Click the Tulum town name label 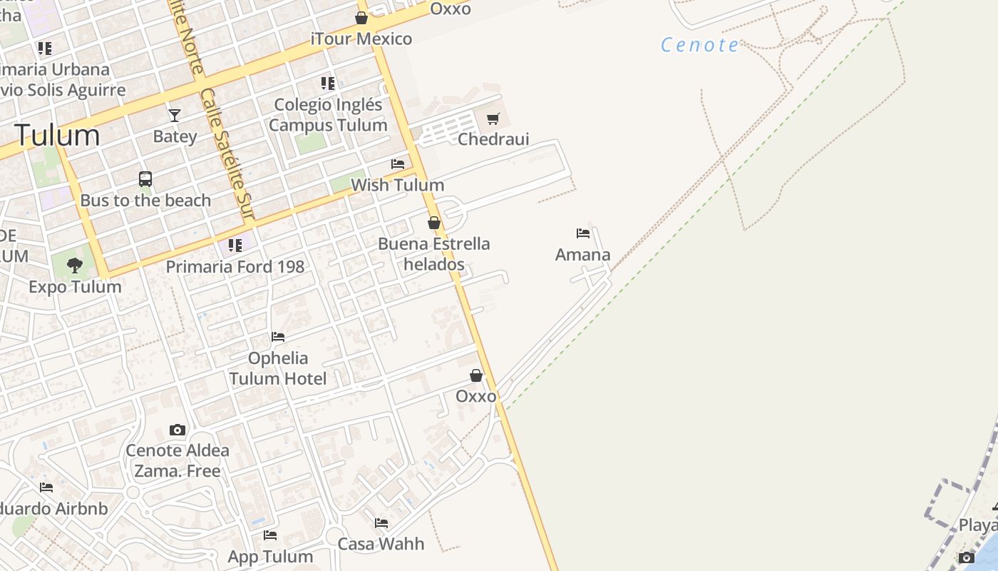[57, 135]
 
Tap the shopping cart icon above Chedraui [493, 118]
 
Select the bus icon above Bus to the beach [145, 179]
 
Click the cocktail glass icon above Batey [175, 115]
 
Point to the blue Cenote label [700, 45]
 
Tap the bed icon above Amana [583, 233]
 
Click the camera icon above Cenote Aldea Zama [178, 430]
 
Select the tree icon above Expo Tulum [75, 266]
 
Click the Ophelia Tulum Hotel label [278, 368]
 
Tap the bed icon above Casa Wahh [381, 523]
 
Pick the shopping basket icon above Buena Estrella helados [434, 223]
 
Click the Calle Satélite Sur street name [227, 153]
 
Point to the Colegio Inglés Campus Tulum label [328, 115]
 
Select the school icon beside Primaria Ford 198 [235, 246]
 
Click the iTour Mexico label [361, 39]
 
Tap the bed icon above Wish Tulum [398, 164]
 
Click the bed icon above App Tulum [270, 535]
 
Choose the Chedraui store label [493, 139]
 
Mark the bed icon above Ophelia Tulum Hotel [278, 337]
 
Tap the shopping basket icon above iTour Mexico [361, 18]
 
